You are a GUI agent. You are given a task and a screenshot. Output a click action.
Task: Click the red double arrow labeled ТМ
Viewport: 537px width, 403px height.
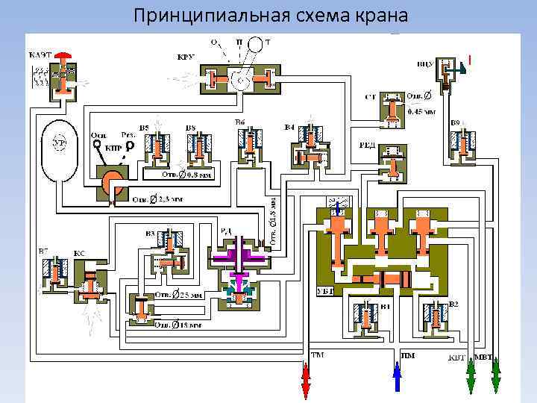point(305,381)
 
